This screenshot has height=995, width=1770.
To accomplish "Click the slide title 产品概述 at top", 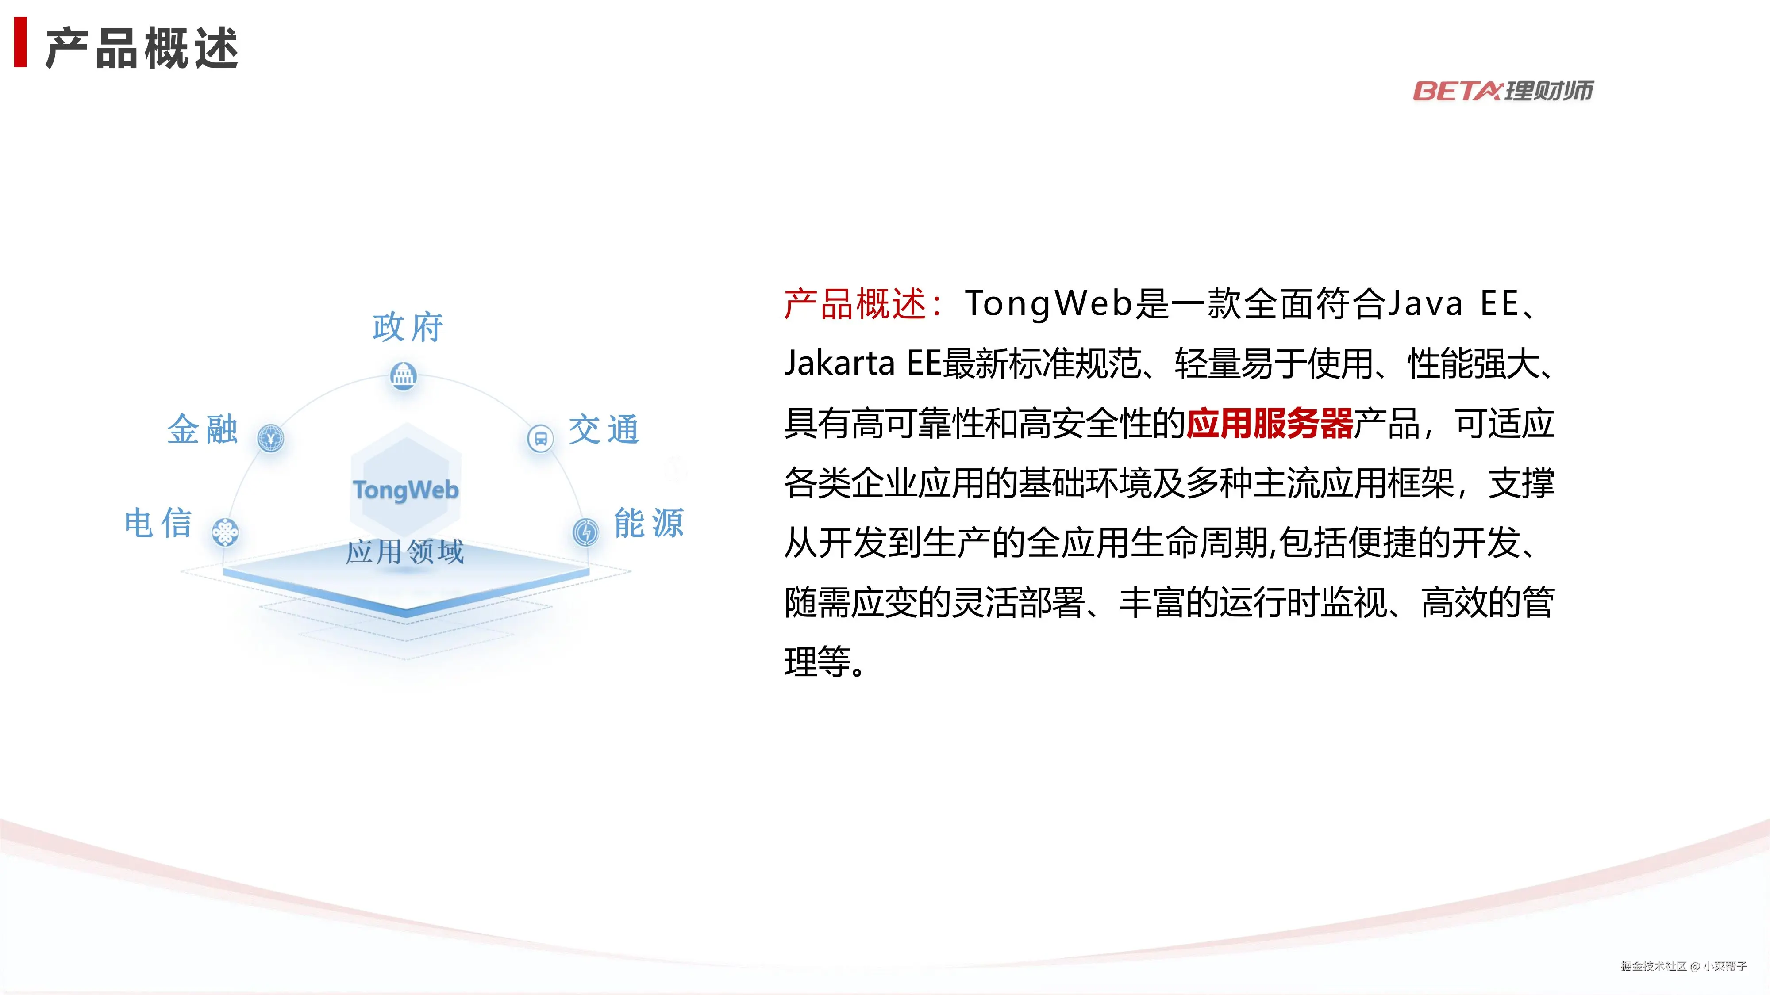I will point(142,48).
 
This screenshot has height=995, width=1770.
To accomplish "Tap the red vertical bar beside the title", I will point(21,42).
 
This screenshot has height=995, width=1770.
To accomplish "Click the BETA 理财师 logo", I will point(1503,91).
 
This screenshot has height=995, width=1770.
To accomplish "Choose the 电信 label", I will point(158,523).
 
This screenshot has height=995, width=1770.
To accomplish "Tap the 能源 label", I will point(649,523).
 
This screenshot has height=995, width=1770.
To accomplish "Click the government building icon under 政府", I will point(403,375).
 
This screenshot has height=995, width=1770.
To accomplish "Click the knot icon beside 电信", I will point(225,532).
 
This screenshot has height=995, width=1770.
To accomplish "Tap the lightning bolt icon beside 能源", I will point(585,532).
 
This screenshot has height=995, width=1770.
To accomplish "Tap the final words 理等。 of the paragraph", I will point(824,662).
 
